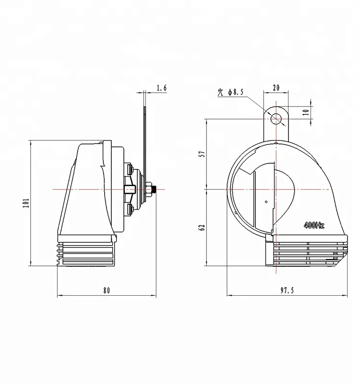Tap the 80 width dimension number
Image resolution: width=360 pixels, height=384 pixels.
106,290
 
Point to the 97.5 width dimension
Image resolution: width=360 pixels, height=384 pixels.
287,290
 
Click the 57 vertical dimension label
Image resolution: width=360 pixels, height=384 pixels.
202,154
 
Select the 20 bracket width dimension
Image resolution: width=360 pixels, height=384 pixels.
276,87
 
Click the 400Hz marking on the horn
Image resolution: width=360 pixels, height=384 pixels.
315,224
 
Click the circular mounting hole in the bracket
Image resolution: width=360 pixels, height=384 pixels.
276,118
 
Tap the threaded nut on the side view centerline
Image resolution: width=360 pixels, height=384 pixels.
150,190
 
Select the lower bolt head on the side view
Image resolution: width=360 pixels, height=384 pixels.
130,209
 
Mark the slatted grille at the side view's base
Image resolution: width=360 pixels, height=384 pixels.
86,252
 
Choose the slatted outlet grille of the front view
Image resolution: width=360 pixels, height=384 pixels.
307,252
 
